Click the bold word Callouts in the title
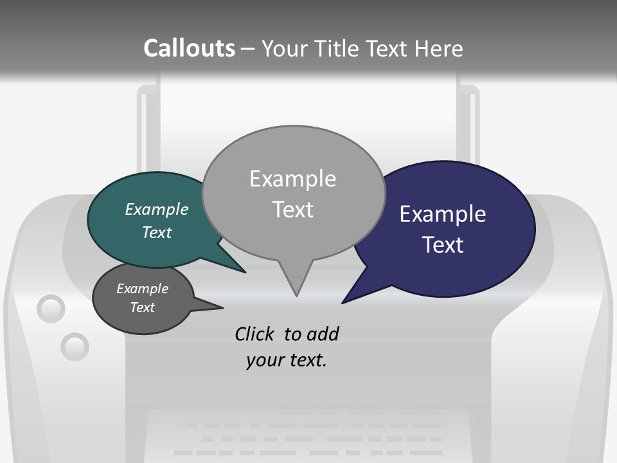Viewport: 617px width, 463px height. [189, 48]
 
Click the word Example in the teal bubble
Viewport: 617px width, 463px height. [157, 209]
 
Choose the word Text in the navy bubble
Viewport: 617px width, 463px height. [443, 245]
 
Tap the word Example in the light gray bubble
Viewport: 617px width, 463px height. [292, 179]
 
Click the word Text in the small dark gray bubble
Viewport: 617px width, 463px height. [143, 307]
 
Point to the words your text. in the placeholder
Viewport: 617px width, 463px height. [287, 360]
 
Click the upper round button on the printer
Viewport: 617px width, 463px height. [51, 309]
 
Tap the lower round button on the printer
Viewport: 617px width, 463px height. [75, 347]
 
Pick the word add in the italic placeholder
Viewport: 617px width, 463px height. [323, 334]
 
